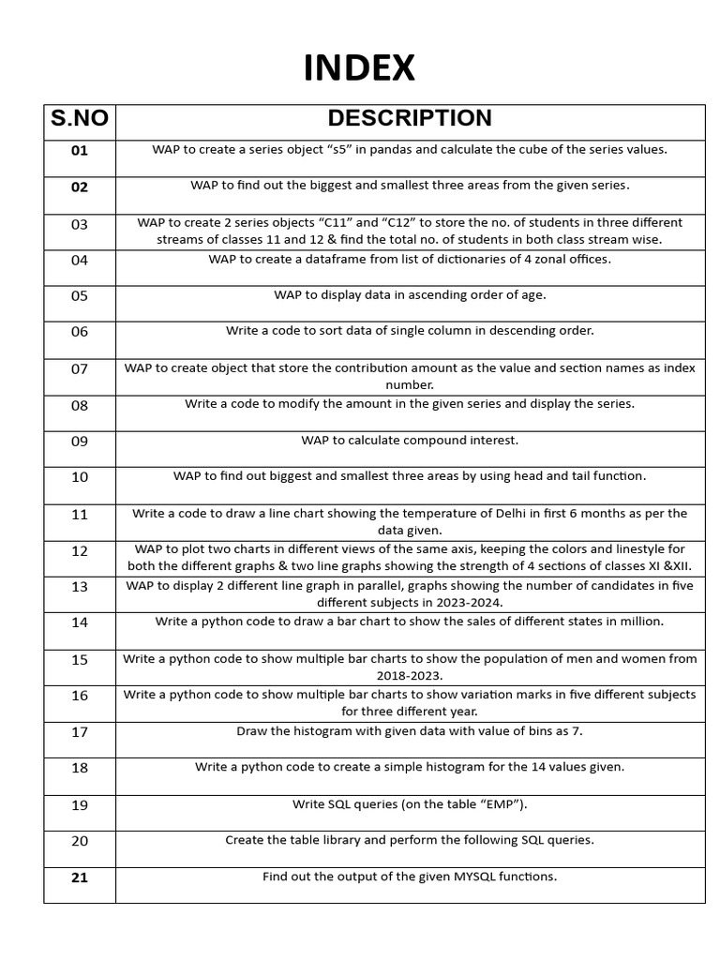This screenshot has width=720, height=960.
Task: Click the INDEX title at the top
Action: (359, 68)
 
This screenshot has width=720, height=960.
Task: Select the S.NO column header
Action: (80, 119)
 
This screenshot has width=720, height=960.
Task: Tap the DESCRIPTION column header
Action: (410, 118)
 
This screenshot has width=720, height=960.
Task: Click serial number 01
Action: (80, 151)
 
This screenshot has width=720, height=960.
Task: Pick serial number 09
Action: (80, 441)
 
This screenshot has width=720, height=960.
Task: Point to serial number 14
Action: (80, 622)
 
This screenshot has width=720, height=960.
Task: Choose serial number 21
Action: (80, 877)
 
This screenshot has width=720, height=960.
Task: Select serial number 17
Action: (80, 732)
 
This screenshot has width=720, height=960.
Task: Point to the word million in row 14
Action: (640, 622)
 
